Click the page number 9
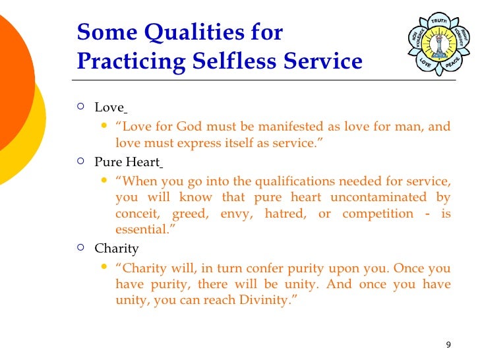(448, 345)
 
